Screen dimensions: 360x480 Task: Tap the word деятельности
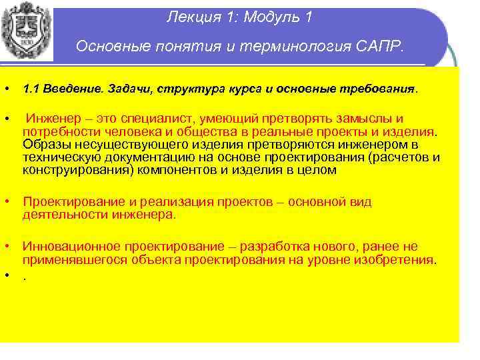(x=60, y=215)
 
